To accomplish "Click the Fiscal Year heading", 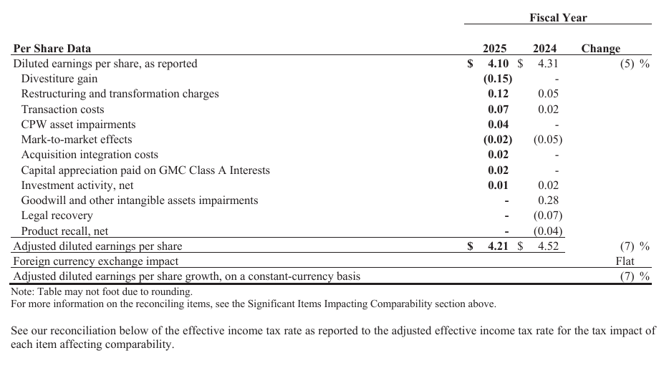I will pos(558,17).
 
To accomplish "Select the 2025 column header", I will pos(494,49).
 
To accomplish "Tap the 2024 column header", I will pos(544,49).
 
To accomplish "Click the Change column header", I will pos(600,49).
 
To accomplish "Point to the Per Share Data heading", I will pos(52,49).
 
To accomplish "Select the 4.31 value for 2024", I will pos(547,64).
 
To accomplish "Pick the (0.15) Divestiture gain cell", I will pos(497,79).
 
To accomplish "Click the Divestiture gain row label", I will pos(59,79).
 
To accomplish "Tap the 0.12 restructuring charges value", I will pos(498,94).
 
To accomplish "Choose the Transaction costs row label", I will pos(62,110).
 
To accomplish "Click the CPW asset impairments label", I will pos(78,125).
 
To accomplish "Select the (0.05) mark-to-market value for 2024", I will pos(547,140).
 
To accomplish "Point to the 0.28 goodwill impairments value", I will pos(548,200).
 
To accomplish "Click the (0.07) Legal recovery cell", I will pos(547,216).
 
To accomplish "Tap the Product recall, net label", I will pos(64,231).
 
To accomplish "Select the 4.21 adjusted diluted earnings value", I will pos(497,246).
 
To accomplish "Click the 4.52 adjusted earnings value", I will pos(547,246).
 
